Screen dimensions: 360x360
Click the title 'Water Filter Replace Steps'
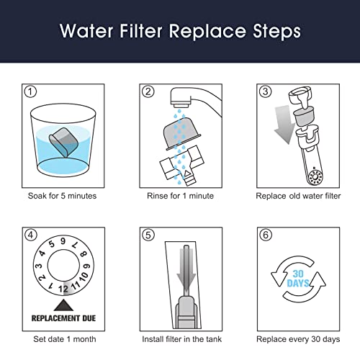tap(180, 32)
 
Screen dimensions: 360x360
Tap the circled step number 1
tap(30, 91)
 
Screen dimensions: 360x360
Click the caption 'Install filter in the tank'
tap(179, 338)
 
